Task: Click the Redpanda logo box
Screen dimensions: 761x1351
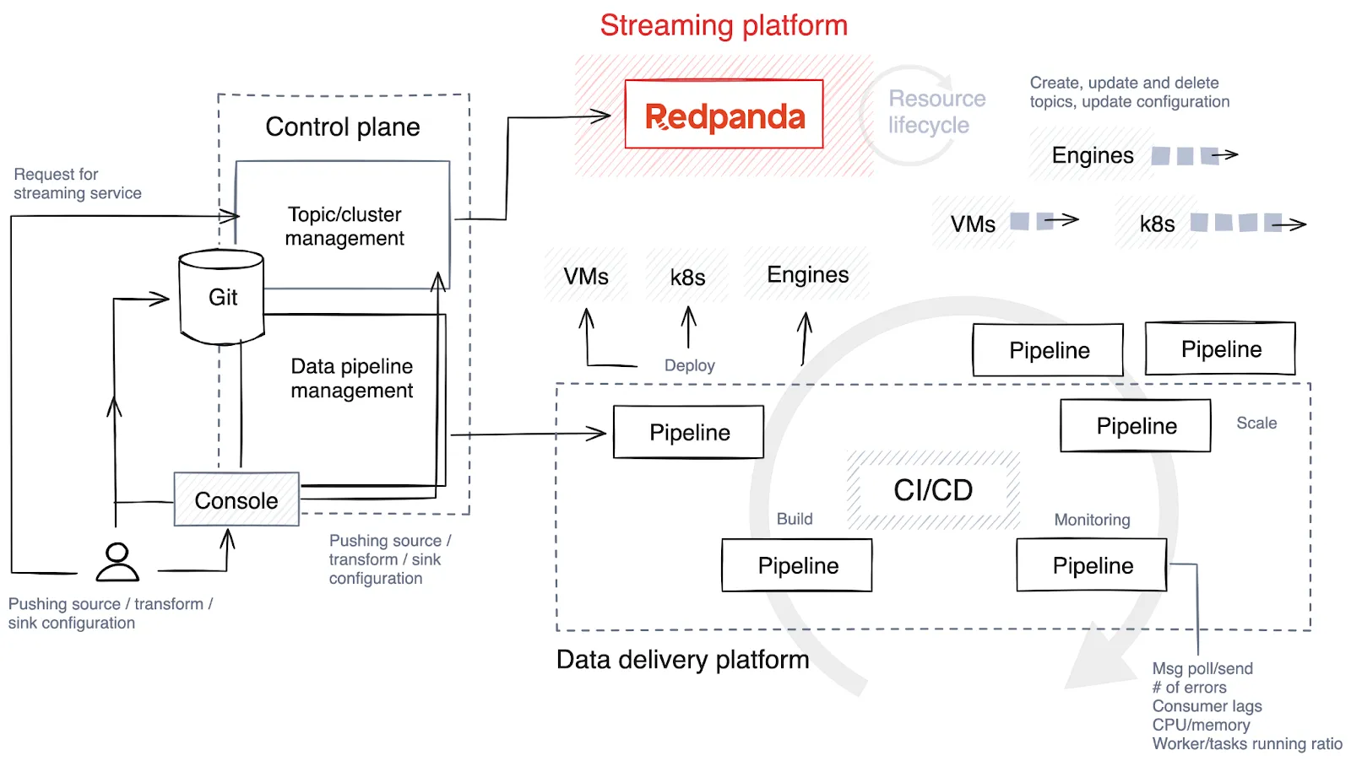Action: [724, 115]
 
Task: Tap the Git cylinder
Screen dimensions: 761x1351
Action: [222, 297]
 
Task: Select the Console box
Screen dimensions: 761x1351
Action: [236, 499]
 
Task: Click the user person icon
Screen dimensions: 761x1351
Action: [117, 562]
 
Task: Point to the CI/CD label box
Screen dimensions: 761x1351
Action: [933, 490]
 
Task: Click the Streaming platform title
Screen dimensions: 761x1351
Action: [724, 25]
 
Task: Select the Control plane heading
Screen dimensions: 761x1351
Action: [343, 127]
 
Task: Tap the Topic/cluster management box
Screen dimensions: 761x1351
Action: [344, 226]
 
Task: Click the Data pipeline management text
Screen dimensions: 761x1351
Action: [351, 378]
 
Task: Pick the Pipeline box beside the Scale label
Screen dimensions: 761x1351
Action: [1136, 426]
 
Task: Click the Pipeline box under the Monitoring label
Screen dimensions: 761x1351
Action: [1092, 565]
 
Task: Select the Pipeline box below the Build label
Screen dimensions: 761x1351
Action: [797, 565]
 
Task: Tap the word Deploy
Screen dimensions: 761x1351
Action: [689, 365]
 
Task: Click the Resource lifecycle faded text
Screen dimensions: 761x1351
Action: [936, 111]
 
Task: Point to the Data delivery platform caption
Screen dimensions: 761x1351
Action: [682, 660]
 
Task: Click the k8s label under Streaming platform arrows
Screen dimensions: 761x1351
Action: [687, 278]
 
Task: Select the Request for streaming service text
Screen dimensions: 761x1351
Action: [77, 184]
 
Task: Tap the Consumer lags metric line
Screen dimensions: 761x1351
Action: [1207, 706]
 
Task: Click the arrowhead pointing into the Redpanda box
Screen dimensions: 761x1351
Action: [603, 116]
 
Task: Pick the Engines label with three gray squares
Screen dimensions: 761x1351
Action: [1093, 155]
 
